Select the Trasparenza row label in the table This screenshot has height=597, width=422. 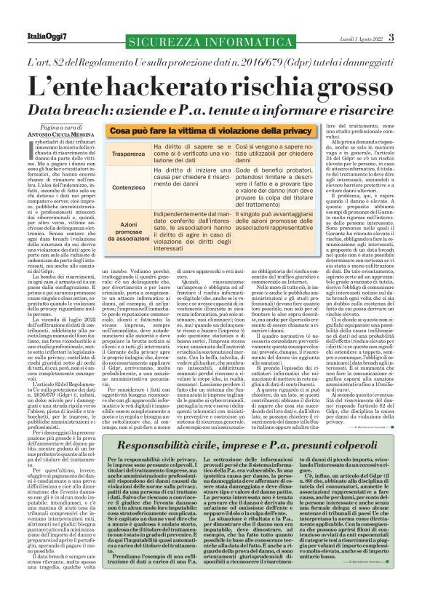pos(128,155)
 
